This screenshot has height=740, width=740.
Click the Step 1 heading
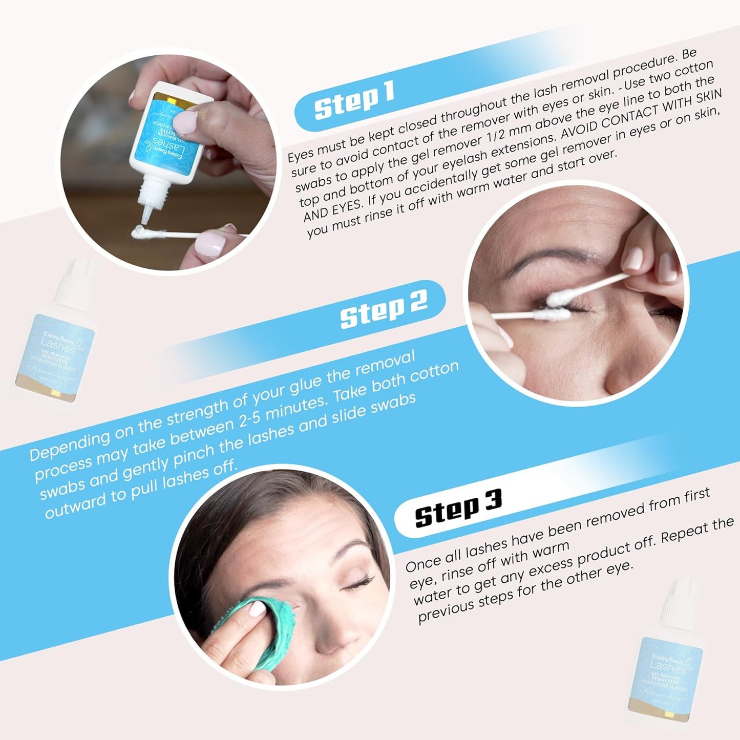(354, 100)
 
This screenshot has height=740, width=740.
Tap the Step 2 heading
(384, 308)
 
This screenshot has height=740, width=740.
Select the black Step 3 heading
(458, 508)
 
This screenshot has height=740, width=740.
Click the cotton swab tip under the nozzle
(138, 232)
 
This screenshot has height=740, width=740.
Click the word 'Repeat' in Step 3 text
(684, 534)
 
